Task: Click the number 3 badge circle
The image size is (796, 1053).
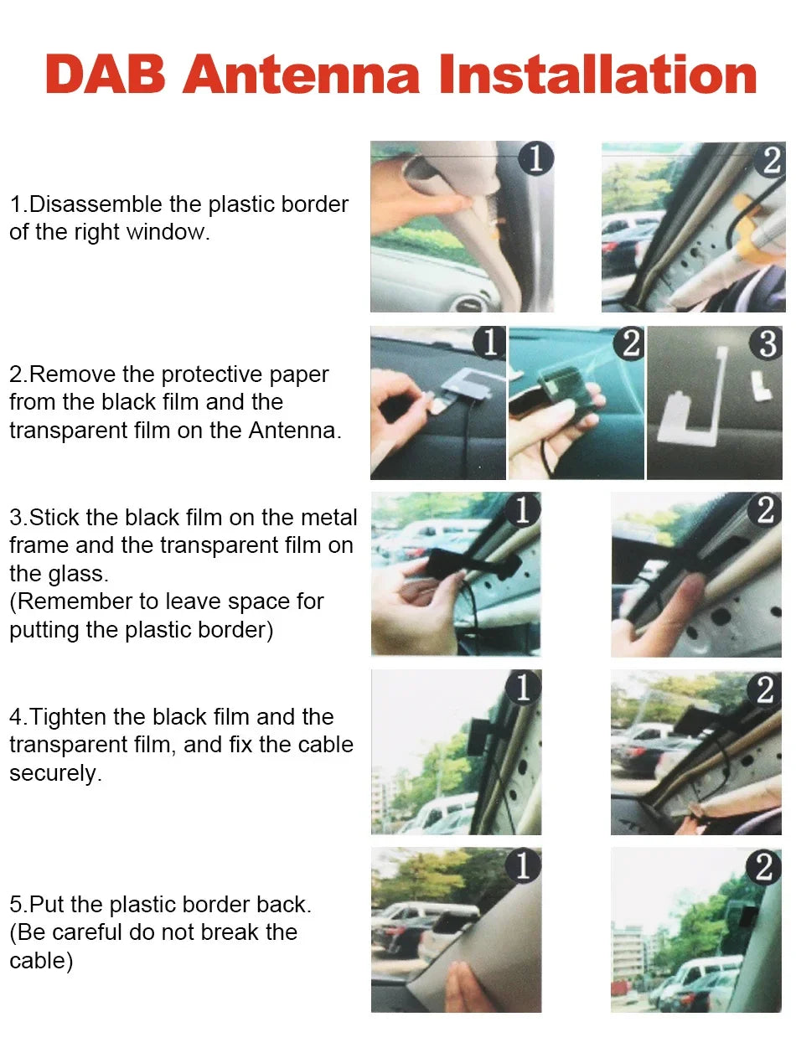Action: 767,343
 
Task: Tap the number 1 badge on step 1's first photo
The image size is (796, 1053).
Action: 535,158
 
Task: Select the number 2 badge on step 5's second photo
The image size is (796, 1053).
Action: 763,867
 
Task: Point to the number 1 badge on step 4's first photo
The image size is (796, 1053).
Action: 524,688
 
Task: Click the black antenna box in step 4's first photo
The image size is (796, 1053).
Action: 479,736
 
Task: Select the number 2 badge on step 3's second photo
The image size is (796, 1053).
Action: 765,509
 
